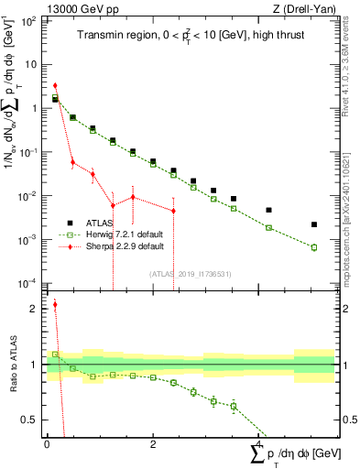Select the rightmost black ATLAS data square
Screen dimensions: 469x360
(x=314, y=224)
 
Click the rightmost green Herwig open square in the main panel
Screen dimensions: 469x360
(x=314, y=247)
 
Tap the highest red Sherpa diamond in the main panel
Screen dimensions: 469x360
(x=55, y=85)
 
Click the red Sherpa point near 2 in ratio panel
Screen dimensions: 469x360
(x=55, y=305)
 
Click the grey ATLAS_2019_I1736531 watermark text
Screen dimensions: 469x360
(x=190, y=272)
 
